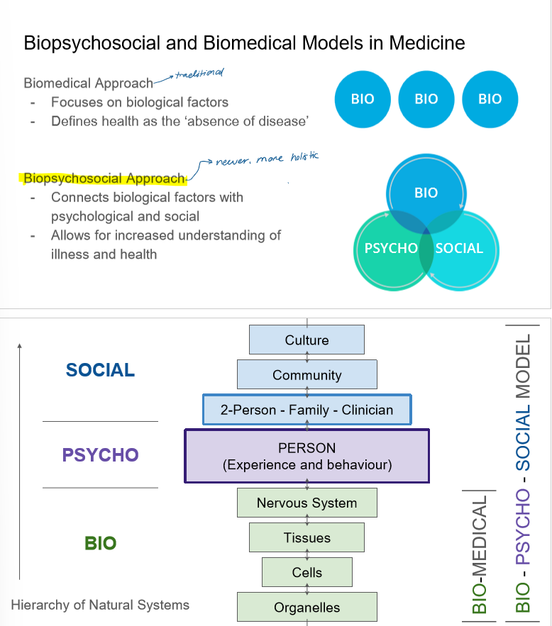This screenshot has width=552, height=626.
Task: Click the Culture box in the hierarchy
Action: (x=307, y=340)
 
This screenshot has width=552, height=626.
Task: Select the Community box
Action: (x=307, y=374)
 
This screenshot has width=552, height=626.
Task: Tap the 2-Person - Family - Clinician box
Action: (x=307, y=410)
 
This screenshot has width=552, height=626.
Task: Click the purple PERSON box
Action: (x=307, y=457)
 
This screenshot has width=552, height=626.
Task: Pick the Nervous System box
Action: (x=307, y=503)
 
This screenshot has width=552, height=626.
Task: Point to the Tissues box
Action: (x=307, y=537)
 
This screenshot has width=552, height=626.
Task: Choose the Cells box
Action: (x=307, y=572)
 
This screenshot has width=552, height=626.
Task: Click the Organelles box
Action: (x=307, y=608)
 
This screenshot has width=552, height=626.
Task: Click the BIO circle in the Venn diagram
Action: (x=426, y=193)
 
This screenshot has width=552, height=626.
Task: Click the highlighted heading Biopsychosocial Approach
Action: (x=104, y=178)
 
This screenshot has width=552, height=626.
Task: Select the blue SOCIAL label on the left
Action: (x=100, y=370)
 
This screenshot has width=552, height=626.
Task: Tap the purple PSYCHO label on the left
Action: (x=100, y=454)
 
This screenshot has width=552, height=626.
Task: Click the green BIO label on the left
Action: (x=100, y=543)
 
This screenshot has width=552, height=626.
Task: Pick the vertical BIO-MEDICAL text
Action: (x=480, y=553)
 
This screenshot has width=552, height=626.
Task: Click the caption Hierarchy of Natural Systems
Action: (x=100, y=605)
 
